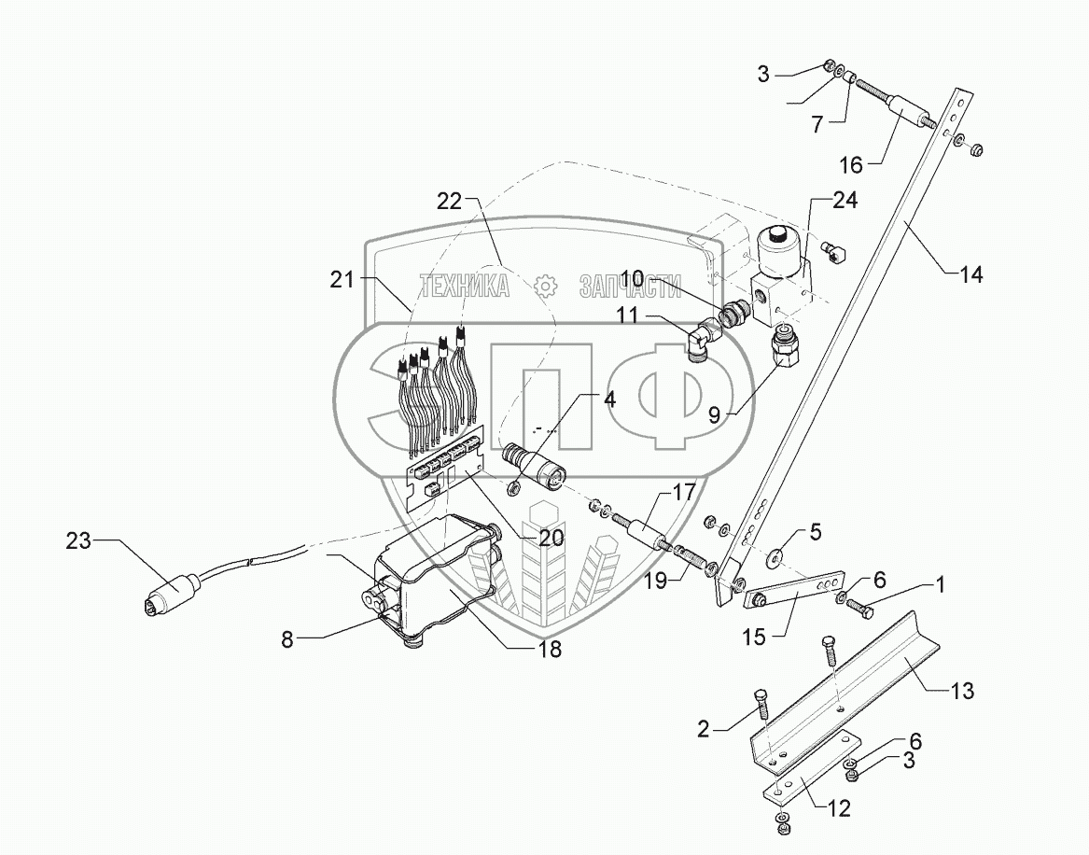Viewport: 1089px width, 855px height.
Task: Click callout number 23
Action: (x=79, y=540)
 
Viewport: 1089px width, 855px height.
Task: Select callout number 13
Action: (x=963, y=692)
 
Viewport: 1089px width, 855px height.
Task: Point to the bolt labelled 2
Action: (x=759, y=701)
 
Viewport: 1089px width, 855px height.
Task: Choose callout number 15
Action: (x=754, y=637)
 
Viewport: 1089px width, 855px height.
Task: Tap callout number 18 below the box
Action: (x=551, y=650)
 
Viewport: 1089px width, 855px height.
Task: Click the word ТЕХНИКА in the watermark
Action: (x=465, y=286)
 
